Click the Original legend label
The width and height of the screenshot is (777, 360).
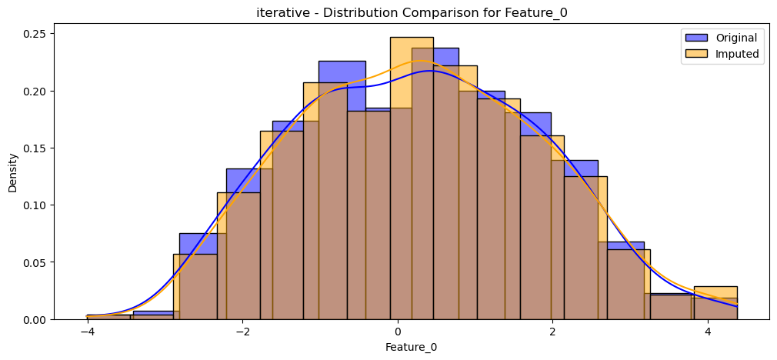pyautogui.click(x=735, y=38)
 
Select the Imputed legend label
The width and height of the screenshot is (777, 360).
pyautogui.click(x=737, y=54)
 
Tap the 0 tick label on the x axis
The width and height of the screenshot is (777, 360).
pyautogui.click(x=398, y=332)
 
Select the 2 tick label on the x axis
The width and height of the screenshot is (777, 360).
pyautogui.click(x=552, y=332)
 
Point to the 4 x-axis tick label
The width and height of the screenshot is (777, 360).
pyautogui.click(x=708, y=332)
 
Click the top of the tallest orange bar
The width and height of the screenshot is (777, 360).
pyautogui.click(x=412, y=37)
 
